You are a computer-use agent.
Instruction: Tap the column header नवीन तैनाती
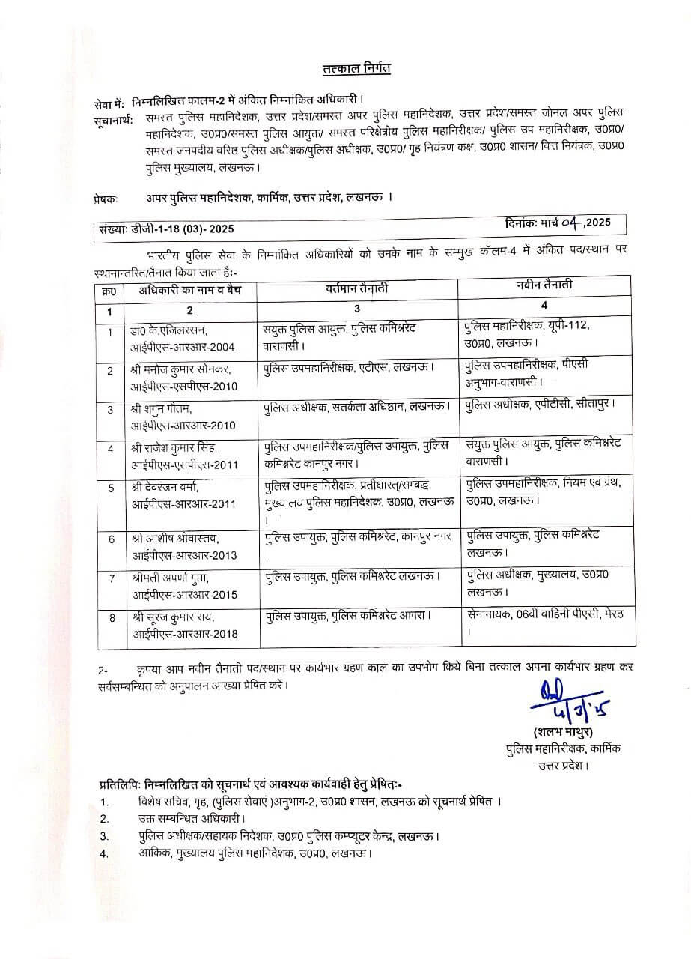coord(546,285)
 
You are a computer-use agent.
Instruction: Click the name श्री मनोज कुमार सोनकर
coord(179,369)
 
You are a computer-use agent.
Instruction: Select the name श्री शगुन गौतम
coord(161,409)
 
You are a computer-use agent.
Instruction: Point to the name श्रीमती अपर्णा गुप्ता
coord(171,578)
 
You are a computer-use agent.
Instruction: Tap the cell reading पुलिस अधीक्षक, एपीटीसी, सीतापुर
coord(540,405)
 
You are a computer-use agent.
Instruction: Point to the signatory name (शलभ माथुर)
coord(562,732)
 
